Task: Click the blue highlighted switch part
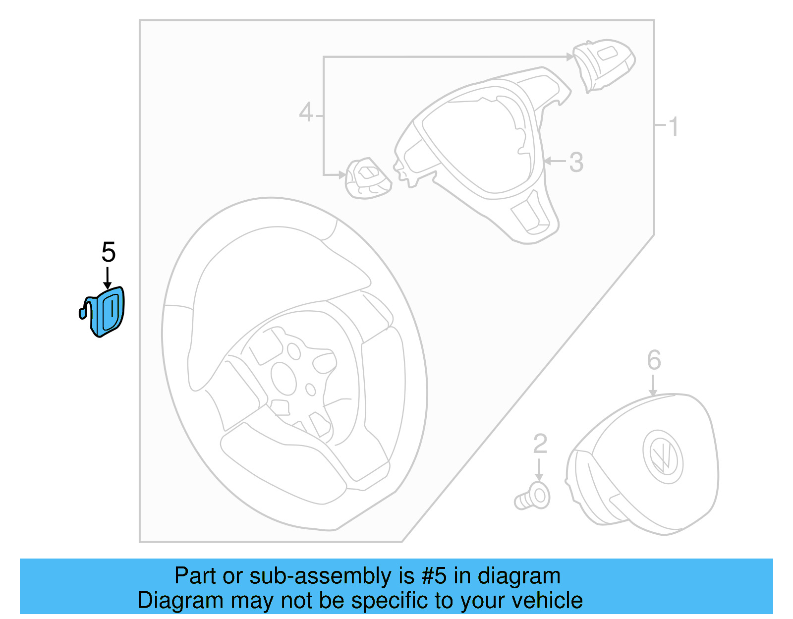(x=107, y=312)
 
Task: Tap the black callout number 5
(x=108, y=252)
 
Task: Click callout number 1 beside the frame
(x=673, y=127)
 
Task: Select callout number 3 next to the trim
(x=576, y=162)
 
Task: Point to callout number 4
(x=306, y=113)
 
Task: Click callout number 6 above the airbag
(x=654, y=360)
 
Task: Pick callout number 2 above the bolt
(x=540, y=444)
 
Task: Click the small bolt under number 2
(x=533, y=497)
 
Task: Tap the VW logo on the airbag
(x=663, y=456)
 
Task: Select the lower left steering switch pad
(x=368, y=178)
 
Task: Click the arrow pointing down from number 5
(x=108, y=278)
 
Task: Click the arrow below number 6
(x=653, y=386)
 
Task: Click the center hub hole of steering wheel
(x=284, y=379)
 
